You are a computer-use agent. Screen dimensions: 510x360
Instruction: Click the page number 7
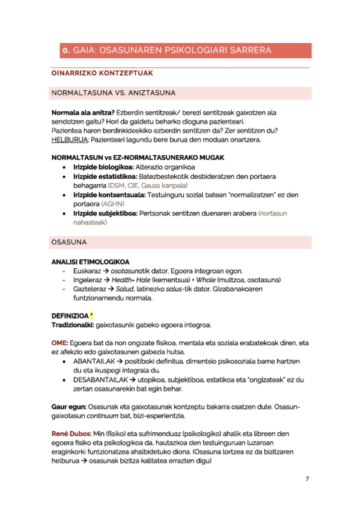[307, 479]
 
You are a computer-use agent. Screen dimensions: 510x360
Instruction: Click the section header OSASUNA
[70, 242]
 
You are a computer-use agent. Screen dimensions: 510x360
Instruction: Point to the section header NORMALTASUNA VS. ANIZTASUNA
[114, 94]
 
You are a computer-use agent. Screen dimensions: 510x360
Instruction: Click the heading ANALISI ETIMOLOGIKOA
[91, 262]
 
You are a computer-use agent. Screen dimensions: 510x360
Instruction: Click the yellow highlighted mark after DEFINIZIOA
[91, 316]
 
